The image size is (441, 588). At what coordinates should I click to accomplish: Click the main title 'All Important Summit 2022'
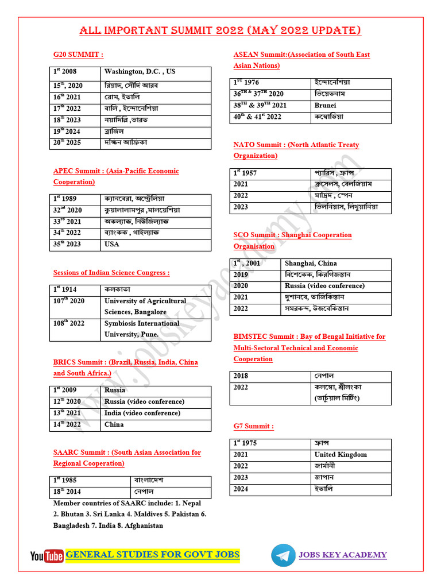[220, 31]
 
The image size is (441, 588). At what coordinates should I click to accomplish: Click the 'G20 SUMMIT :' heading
[78, 55]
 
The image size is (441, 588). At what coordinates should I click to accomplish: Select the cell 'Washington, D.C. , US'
[140, 72]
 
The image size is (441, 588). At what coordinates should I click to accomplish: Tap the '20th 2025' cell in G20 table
[67, 142]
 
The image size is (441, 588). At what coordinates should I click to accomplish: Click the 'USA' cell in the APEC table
[112, 244]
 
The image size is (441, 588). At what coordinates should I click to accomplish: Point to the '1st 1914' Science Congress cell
[66, 289]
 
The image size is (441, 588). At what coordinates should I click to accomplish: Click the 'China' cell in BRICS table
[114, 424]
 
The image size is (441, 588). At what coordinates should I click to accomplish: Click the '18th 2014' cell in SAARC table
[68, 492]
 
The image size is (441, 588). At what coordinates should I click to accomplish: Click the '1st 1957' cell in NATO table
[245, 172]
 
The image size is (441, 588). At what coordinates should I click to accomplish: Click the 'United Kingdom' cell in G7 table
[341, 454]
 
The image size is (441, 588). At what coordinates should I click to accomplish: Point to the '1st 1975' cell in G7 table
[245, 443]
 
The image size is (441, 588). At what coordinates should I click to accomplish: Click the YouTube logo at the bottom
[47, 555]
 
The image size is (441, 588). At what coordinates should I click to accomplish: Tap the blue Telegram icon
[282, 555]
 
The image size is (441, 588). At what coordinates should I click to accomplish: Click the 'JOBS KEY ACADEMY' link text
[342, 555]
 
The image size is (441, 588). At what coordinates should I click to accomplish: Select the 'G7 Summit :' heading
[253, 426]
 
